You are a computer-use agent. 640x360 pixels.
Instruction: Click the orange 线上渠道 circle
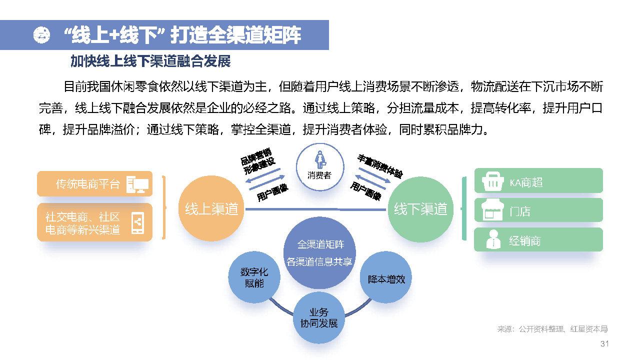(x=211, y=209)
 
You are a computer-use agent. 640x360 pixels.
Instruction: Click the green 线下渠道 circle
(x=420, y=209)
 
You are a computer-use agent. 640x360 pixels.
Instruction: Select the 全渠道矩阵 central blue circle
(x=320, y=252)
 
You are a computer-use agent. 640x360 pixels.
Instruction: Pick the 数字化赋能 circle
(x=254, y=278)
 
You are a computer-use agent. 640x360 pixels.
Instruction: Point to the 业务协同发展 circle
(x=319, y=317)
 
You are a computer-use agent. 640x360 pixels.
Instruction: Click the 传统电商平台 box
(x=94, y=184)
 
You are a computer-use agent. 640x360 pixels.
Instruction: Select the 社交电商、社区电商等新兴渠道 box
(x=94, y=222)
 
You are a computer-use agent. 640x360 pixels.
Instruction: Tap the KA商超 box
(x=538, y=182)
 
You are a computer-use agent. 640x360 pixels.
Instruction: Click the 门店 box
(x=538, y=211)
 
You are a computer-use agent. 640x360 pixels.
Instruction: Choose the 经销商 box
(x=538, y=240)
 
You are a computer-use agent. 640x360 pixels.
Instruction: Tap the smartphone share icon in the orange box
(x=137, y=223)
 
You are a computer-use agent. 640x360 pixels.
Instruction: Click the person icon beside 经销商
(x=493, y=240)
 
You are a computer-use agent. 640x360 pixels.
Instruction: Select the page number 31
(x=604, y=344)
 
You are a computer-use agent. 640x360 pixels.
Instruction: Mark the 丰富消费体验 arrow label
(x=380, y=166)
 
